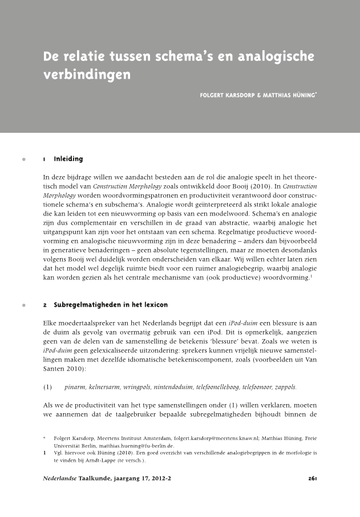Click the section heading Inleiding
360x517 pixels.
68,158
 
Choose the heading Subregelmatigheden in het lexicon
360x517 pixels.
111,305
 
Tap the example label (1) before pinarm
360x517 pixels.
48,387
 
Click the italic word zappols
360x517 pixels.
285,387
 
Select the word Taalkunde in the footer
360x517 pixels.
95,478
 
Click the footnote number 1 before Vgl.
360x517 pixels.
45,453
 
